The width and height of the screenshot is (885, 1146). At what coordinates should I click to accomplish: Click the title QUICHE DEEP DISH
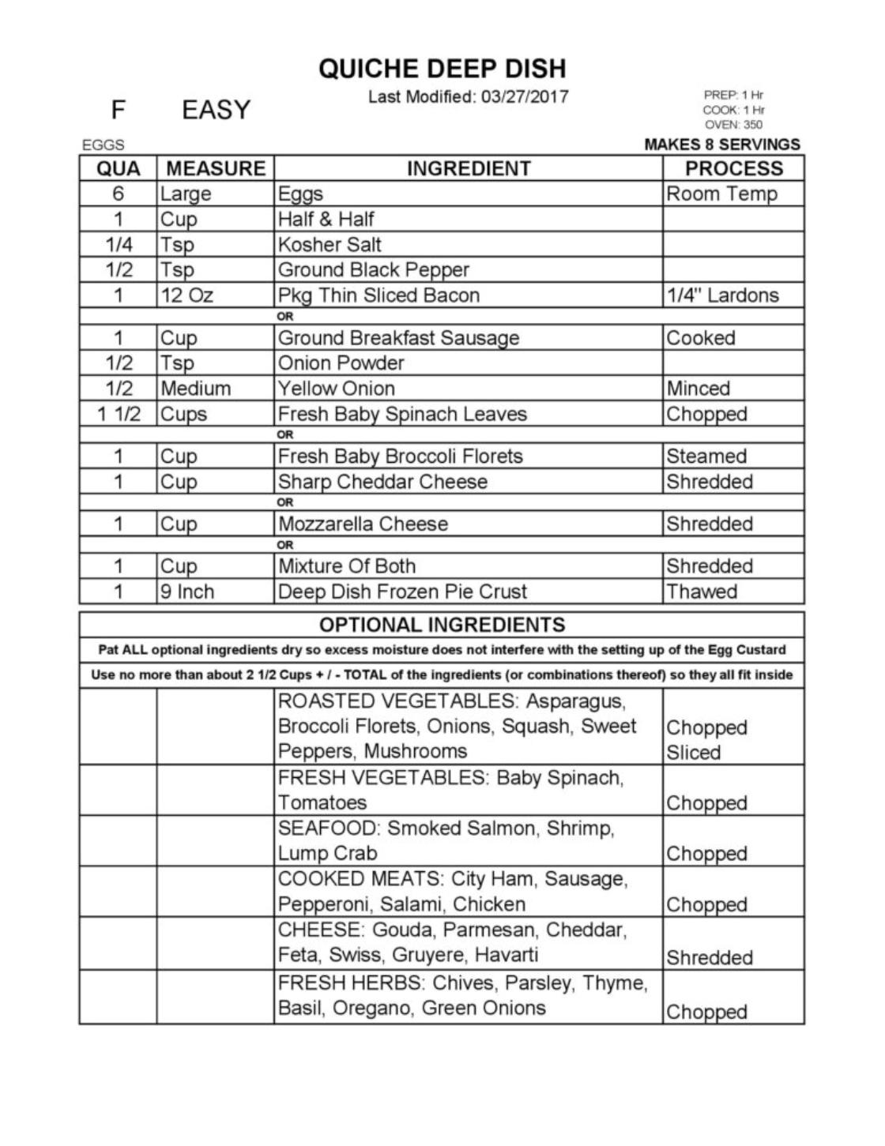point(442,69)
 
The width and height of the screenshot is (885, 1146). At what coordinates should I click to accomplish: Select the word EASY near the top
point(216,110)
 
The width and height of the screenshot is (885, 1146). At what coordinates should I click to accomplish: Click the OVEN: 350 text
point(733,125)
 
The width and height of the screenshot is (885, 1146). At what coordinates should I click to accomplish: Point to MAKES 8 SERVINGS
point(721,145)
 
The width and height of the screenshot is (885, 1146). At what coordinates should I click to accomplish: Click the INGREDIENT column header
point(469,168)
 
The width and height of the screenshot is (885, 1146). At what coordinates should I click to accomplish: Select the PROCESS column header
point(733,168)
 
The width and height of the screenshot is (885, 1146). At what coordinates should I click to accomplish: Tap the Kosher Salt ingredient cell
point(330,244)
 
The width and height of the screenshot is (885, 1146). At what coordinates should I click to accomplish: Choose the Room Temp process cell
point(721,194)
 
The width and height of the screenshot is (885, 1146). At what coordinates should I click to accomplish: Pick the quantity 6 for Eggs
point(118,194)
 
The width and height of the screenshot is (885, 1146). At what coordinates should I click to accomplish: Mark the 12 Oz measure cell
point(186,295)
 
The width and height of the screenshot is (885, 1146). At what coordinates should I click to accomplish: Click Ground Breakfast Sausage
point(398,338)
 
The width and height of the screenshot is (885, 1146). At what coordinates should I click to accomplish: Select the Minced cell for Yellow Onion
point(698,389)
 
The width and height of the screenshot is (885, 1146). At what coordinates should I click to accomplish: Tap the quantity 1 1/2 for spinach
point(118,414)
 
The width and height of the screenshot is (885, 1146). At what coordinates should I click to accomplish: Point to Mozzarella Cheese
point(363,524)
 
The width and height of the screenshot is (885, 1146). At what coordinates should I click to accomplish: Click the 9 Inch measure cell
point(186,592)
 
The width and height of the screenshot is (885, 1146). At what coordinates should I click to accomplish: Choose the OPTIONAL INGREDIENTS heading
point(442,625)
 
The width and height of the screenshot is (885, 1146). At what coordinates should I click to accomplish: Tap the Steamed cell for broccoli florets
point(706,457)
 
